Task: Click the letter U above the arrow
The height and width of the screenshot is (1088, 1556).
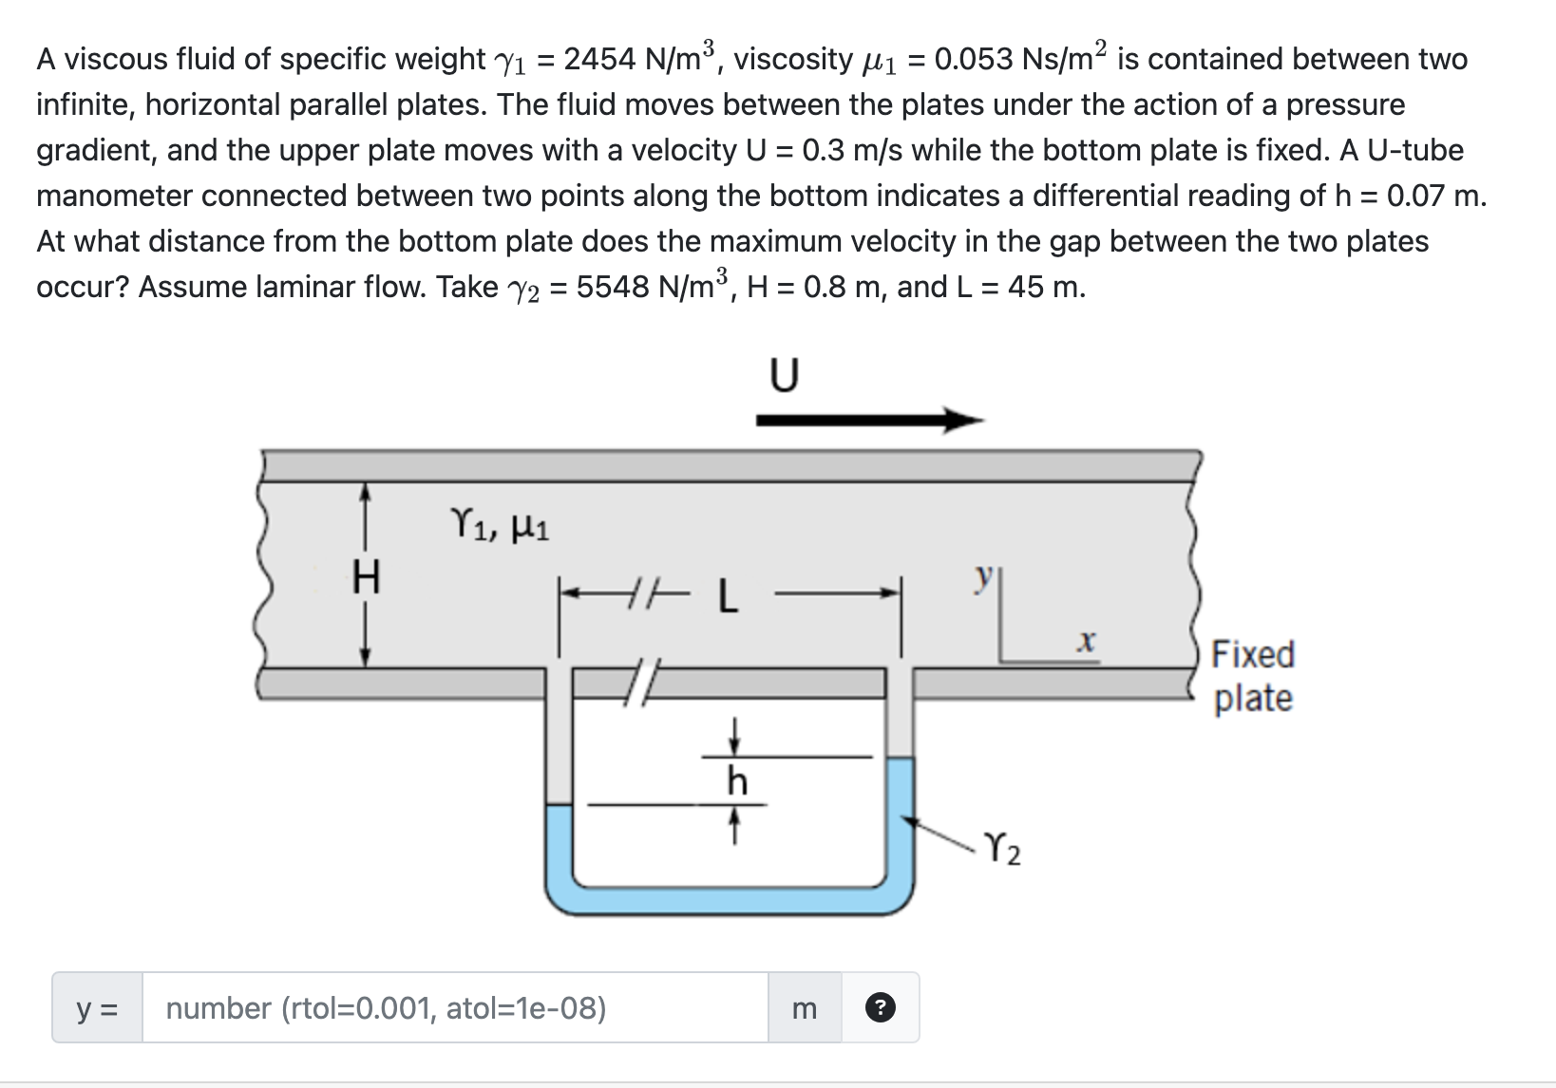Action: pyautogui.click(x=783, y=377)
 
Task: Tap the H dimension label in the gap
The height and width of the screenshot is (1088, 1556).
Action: pyautogui.click(x=366, y=576)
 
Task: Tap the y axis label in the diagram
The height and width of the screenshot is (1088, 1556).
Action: pyautogui.click(x=986, y=575)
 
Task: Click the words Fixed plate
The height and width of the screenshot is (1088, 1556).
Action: pyautogui.click(x=1253, y=676)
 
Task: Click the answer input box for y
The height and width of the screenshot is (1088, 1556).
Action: pyautogui.click(x=454, y=1007)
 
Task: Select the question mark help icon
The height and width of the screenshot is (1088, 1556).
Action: pyautogui.click(x=881, y=1007)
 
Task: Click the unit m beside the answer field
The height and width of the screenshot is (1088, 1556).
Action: pyautogui.click(x=804, y=1007)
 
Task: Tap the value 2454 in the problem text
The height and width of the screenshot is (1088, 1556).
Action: pyautogui.click(x=598, y=59)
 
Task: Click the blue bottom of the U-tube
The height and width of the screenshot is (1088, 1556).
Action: pyautogui.click(x=730, y=900)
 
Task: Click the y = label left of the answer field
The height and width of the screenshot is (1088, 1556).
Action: pyautogui.click(x=97, y=1007)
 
